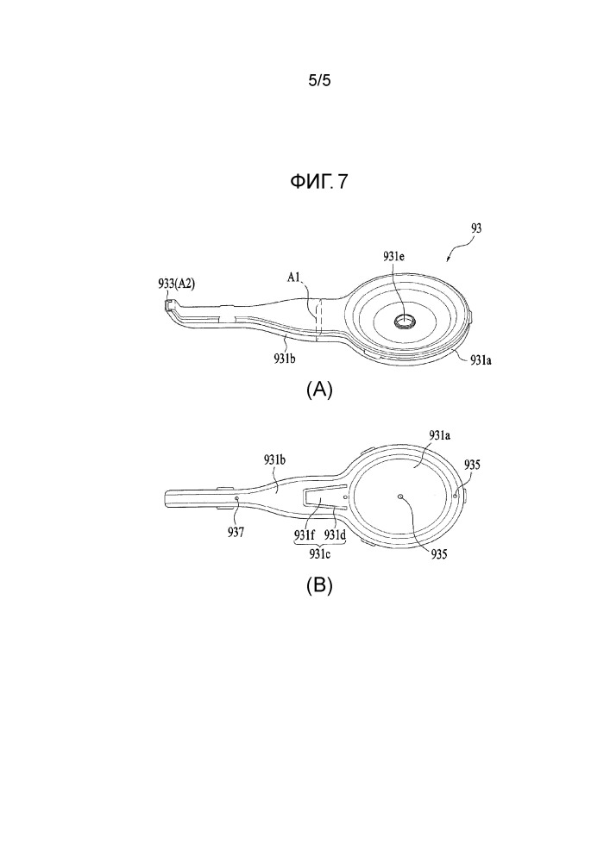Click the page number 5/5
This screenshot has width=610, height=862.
pyautogui.click(x=319, y=81)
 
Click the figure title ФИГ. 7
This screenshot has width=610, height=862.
pyautogui.click(x=319, y=181)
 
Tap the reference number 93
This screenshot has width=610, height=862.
pyautogui.click(x=476, y=228)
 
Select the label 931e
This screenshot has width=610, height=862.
pyautogui.click(x=395, y=256)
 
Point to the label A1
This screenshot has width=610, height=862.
pyautogui.click(x=294, y=278)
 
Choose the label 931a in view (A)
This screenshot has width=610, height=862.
pyautogui.click(x=481, y=360)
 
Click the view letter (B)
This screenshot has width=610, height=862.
pyautogui.click(x=319, y=585)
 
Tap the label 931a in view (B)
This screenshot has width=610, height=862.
pyautogui.click(x=440, y=435)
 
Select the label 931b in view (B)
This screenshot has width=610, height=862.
pyautogui.click(x=274, y=460)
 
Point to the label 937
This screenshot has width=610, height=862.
pyautogui.click(x=236, y=532)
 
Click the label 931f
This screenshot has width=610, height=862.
pyautogui.click(x=305, y=534)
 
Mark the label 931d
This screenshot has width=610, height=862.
pyautogui.click(x=335, y=534)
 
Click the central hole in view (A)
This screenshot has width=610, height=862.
pyautogui.click(x=406, y=320)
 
